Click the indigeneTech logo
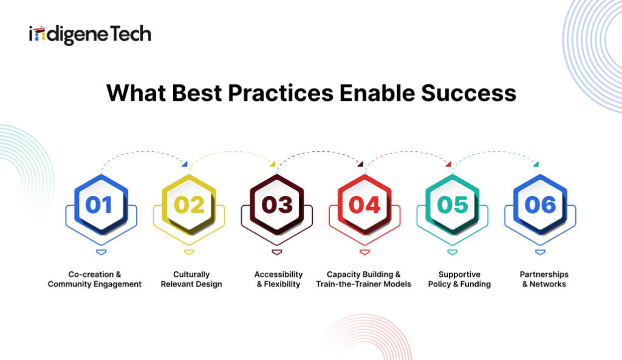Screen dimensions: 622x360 point(90,35)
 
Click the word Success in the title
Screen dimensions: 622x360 point(468,93)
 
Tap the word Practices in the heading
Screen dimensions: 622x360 point(281,93)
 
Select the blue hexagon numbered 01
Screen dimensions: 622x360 point(101,205)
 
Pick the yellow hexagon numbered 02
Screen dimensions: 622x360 point(190,205)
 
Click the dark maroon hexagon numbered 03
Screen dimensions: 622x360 point(277,205)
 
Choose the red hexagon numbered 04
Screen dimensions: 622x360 point(364,205)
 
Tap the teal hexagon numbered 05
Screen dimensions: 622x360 point(452,205)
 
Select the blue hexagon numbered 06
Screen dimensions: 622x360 point(540,205)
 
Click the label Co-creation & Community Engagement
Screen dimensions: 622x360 point(94,279)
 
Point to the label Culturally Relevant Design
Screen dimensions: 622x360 point(191,279)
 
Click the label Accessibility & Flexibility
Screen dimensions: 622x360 point(278,279)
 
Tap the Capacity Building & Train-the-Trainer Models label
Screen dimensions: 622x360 point(364,279)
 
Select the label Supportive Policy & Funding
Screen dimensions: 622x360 point(459,279)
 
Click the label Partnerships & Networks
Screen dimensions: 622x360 point(544,279)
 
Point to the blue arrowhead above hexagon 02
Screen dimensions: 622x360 point(185,164)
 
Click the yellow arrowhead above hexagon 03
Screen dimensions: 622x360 point(273,164)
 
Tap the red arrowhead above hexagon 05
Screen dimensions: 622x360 point(448,164)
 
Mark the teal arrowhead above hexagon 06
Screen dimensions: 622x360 point(536,164)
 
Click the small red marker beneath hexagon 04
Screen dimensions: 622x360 point(364,252)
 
